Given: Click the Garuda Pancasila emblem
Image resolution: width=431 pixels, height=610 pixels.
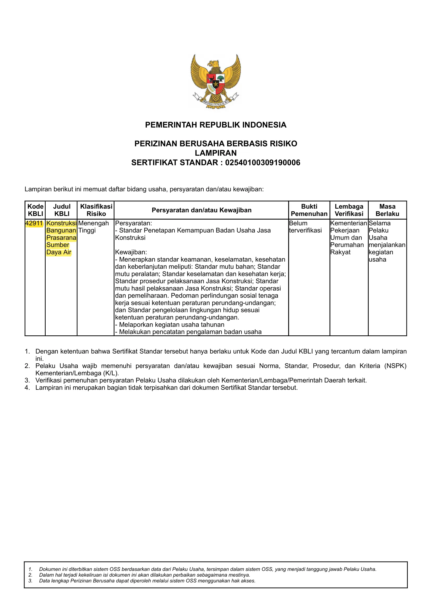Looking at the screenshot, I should [x=215, y=81].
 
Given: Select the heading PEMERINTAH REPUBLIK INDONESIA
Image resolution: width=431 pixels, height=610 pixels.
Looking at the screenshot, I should [x=215, y=125].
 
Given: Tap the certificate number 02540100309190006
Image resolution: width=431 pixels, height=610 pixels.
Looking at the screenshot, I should [x=262, y=162].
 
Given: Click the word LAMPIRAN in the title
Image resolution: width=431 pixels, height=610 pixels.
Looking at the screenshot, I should [x=215, y=153].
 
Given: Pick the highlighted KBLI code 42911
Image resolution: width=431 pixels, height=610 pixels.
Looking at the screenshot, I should [x=34, y=223].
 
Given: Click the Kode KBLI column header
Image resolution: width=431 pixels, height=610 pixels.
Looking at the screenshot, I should [x=35, y=210].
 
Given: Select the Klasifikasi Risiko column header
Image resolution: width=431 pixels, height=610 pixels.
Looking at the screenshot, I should [x=96, y=210].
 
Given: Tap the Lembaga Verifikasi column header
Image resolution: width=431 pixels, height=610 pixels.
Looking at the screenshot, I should [x=349, y=210].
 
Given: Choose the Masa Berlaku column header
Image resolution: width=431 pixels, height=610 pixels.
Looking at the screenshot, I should [x=387, y=210].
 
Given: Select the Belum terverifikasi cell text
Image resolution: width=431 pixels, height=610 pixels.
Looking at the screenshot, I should [x=305, y=227].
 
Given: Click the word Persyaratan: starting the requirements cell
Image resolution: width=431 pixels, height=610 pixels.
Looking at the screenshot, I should [x=133, y=223].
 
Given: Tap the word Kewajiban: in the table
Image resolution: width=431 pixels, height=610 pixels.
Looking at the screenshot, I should [x=131, y=252].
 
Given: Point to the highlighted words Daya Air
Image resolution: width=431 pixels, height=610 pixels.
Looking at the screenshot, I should [x=59, y=252].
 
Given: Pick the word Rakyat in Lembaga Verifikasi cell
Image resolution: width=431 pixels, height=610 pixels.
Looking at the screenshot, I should [x=340, y=252].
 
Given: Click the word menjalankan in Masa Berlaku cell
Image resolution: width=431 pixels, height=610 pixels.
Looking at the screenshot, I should [x=387, y=245].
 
